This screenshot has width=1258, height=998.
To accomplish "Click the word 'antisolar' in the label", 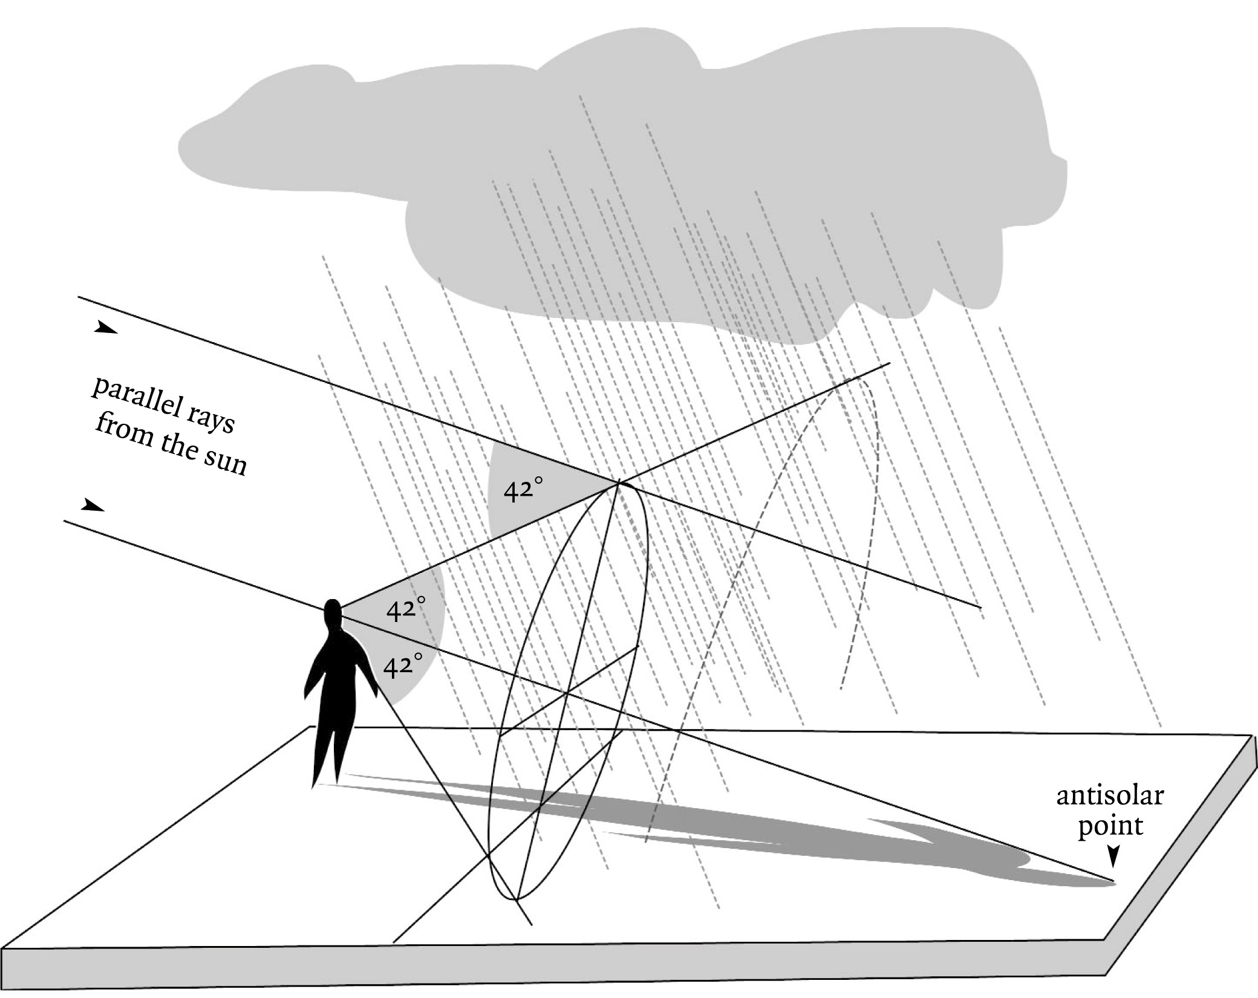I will (x=1109, y=795).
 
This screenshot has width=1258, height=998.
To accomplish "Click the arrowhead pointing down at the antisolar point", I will (x=1112, y=855).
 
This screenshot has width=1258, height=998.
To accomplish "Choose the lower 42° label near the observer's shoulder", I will (x=403, y=665).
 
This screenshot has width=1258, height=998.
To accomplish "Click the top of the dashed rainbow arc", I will (x=859, y=378).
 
